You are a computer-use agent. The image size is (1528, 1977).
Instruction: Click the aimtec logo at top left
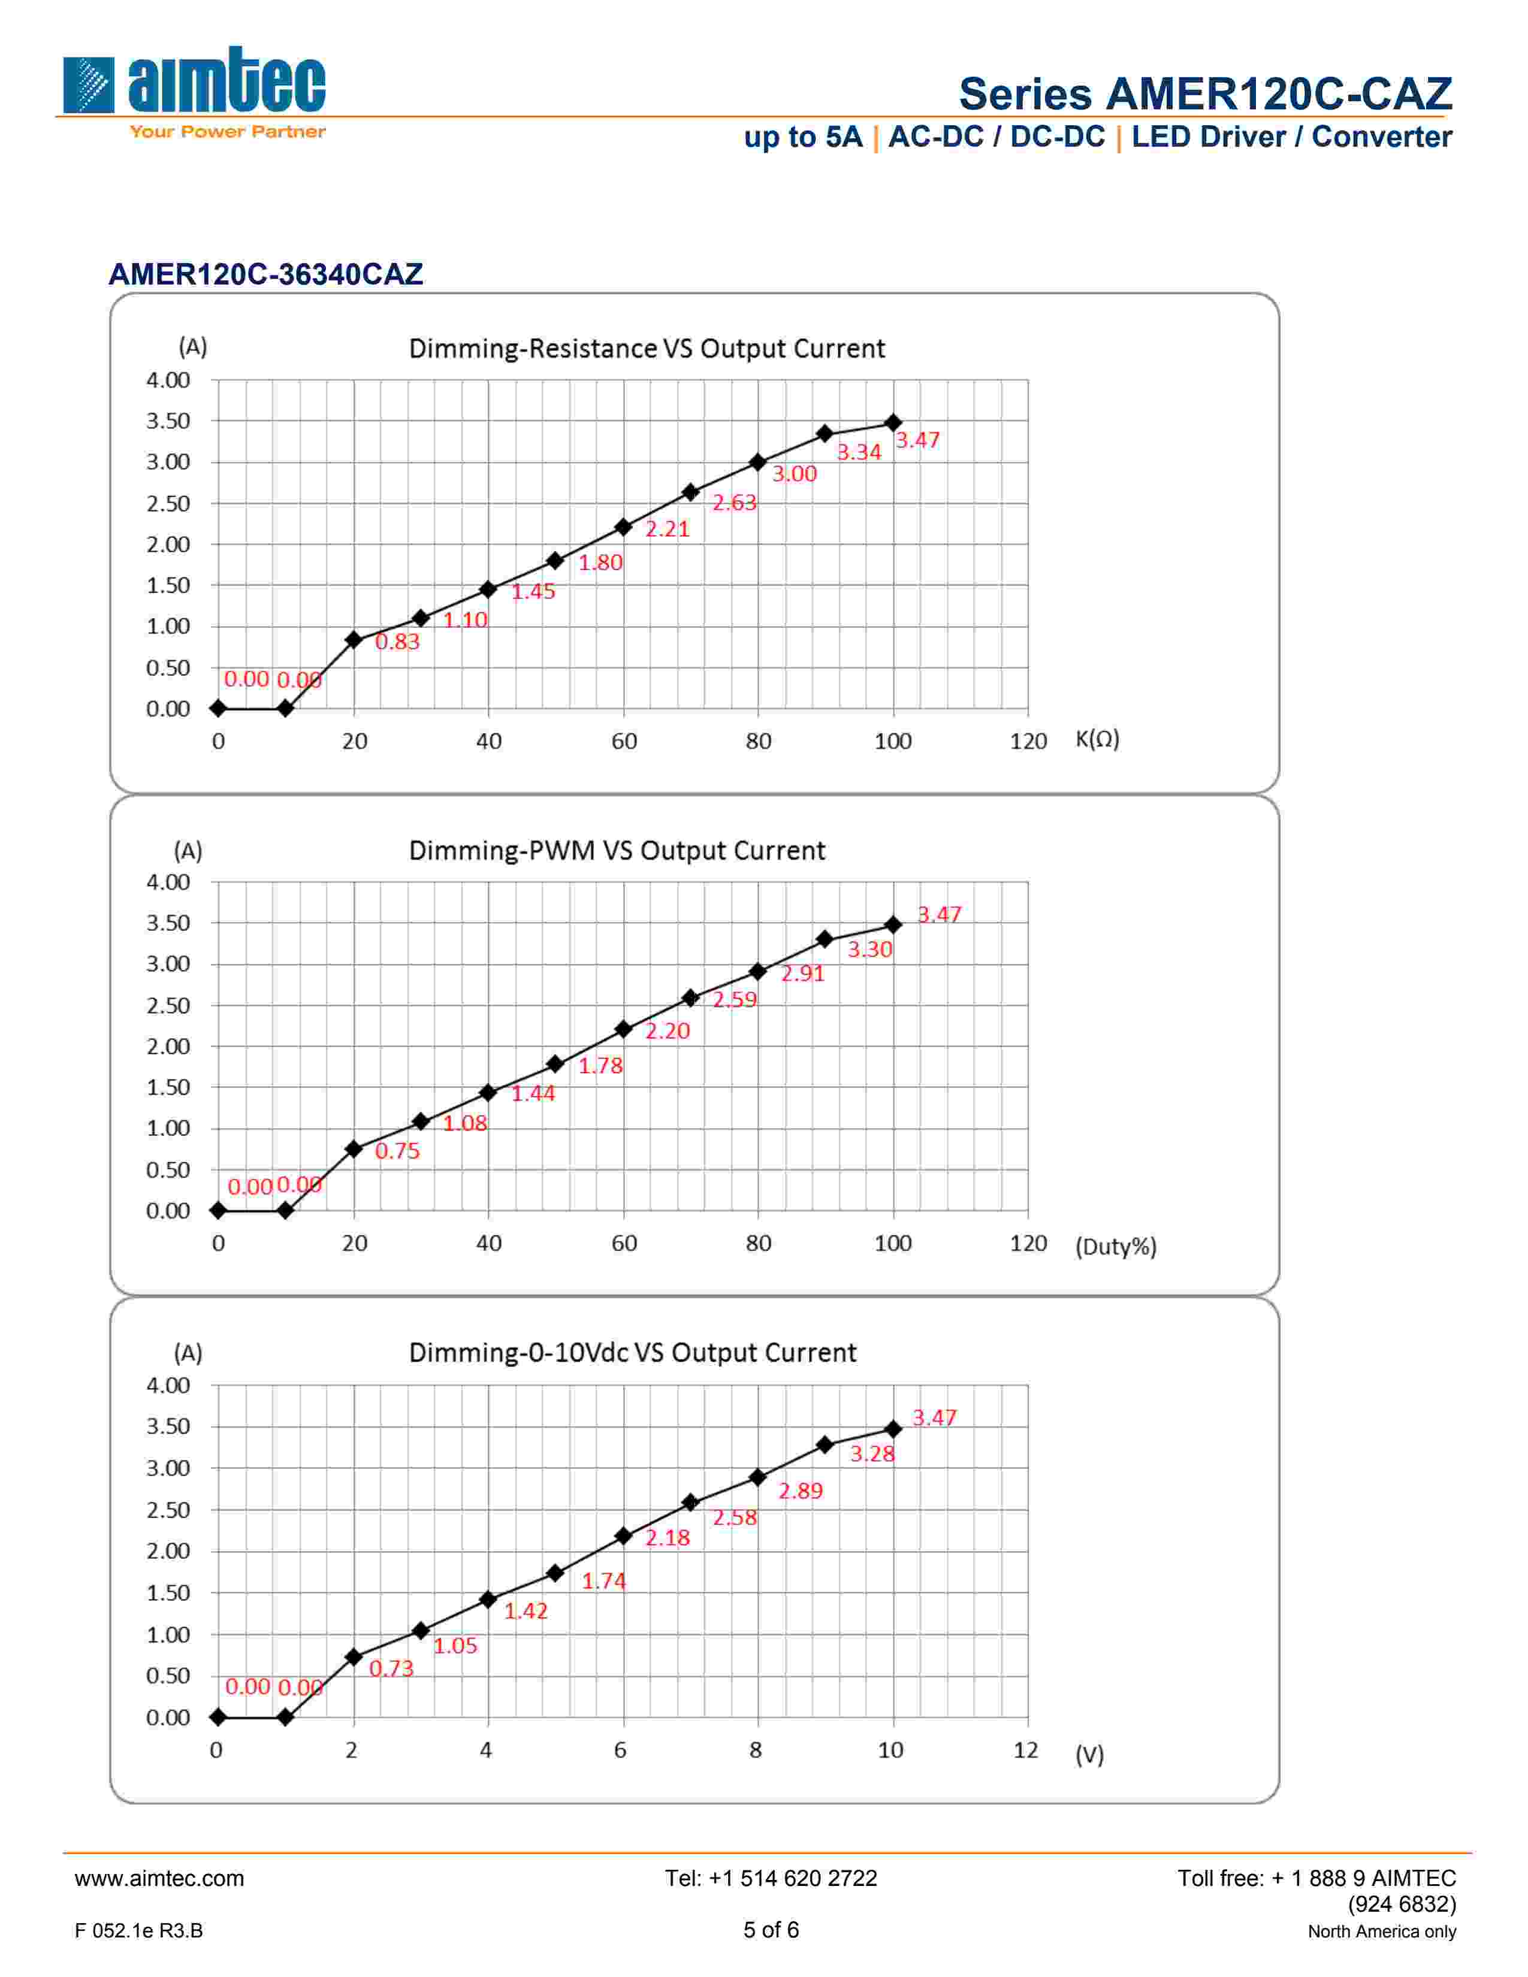(x=194, y=90)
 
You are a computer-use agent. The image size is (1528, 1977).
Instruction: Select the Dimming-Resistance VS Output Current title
(x=647, y=349)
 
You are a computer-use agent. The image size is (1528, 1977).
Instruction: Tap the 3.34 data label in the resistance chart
(x=858, y=452)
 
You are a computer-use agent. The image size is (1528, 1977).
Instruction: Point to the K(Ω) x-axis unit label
(x=1097, y=739)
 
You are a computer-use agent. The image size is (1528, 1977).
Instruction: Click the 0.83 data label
(x=397, y=642)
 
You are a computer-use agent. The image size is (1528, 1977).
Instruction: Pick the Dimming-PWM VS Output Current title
(x=617, y=851)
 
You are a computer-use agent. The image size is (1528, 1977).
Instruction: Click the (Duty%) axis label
(x=1115, y=1247)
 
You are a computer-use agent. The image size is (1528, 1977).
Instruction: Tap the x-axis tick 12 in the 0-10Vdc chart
(x=1025, y=1750)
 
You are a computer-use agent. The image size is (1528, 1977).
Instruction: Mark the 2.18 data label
(x=667, y=1537)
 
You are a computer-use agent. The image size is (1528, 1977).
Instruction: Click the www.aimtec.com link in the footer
(x=159, y=1878)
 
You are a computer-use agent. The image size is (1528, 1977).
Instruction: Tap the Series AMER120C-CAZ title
(x=1205, y=93)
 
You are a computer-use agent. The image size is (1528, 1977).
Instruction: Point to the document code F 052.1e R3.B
(x=138, y=1931)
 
